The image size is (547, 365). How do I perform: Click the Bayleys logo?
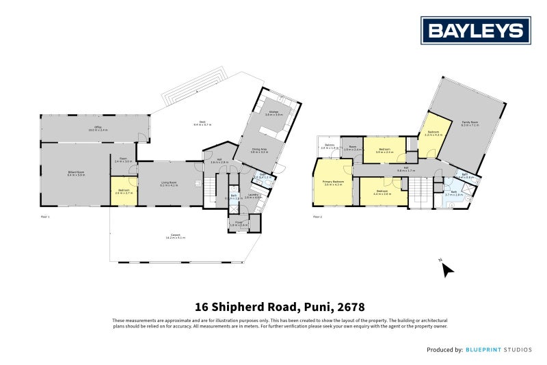(x=476, y=30)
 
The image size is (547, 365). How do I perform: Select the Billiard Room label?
(x=75, y=174)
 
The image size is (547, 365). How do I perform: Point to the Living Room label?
(x=168, y=183)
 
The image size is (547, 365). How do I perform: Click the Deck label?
(x=200, y=123)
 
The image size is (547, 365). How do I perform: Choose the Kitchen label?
(x=273, y=113)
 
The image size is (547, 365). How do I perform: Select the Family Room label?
(x=469, y=123)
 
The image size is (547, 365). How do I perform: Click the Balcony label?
(x=330, y=146)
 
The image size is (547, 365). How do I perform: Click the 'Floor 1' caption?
(x=45, y=217)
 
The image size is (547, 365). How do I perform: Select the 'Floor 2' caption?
(x=317, y=217)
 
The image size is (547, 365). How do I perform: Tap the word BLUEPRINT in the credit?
(x=485, y=350)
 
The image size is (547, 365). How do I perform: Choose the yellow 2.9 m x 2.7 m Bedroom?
(x=124, y=192)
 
